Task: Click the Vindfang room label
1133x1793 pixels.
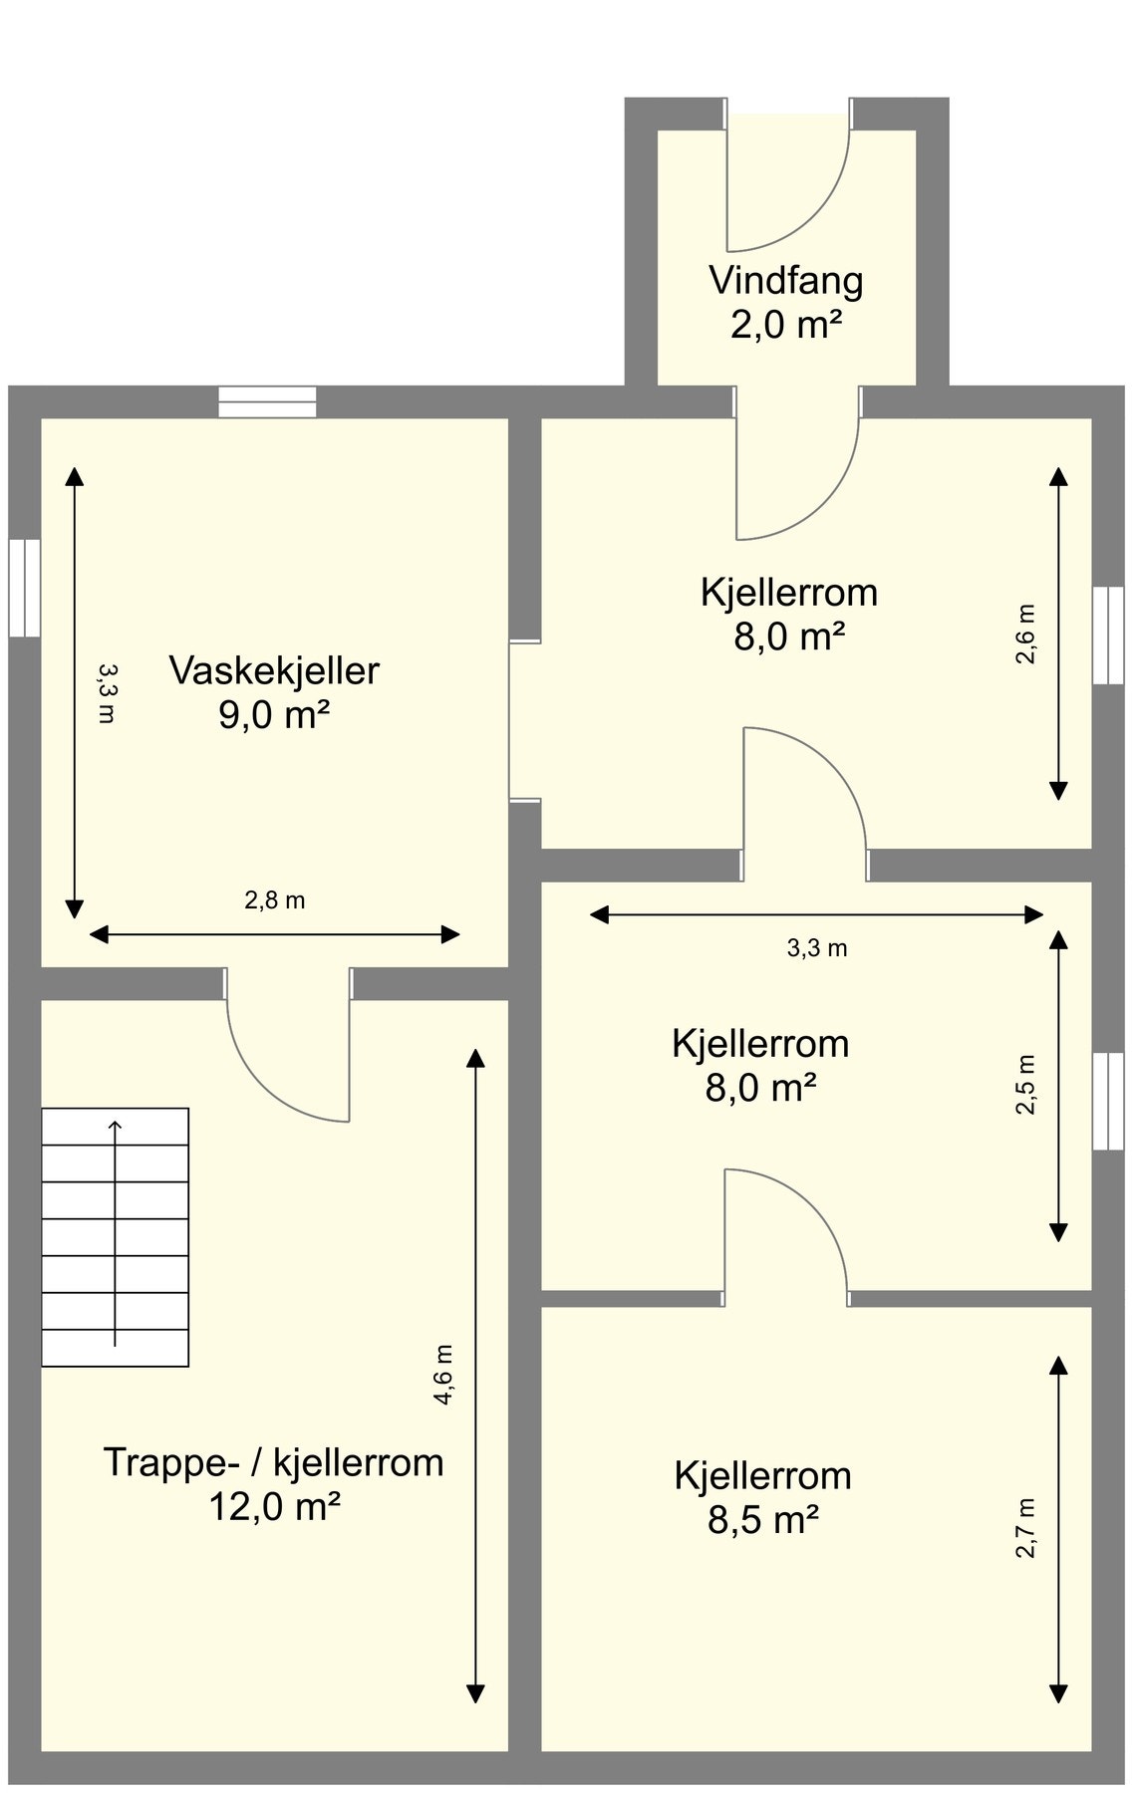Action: pos(785,281)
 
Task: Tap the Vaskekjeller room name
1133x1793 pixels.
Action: pos(274,670)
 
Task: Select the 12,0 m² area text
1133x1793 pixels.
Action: pos(274,1507)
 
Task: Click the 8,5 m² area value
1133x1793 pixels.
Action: pos(763,1520)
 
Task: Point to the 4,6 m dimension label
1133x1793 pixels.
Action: pos(443,1375)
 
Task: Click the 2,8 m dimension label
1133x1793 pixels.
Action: pos(274,900)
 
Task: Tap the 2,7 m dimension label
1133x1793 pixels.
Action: pos(1026,1527)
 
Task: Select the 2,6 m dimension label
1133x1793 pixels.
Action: pos(1026,634)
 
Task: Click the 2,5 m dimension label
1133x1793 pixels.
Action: pos(1026,1084)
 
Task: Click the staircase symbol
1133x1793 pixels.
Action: pos(115,1236)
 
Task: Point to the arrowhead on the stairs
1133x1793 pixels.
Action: pos(116,1126)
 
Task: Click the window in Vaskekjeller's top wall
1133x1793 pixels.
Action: pos(267,401)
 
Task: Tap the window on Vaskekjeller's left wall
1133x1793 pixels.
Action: pos(25,588)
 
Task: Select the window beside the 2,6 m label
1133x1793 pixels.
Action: pos(1107,635)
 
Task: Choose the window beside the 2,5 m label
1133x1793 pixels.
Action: pos(1107,1101)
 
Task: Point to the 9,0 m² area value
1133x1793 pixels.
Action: pos(274,715)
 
